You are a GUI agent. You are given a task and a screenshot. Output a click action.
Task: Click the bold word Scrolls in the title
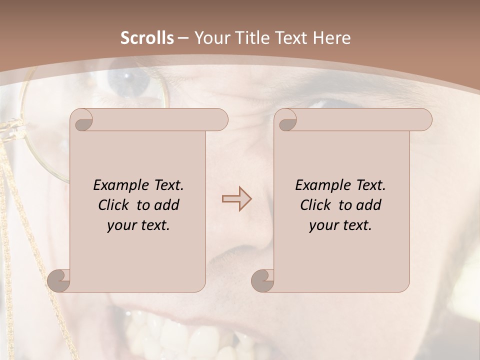[x=147, y=38]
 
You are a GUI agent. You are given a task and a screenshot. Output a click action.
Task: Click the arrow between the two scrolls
[x=236, y=199]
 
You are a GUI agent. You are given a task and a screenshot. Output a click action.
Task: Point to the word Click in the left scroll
[x=109, y=205]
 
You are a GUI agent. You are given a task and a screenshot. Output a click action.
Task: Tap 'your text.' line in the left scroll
[x=138, y=225]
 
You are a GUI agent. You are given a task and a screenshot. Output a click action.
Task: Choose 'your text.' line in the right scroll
[x=340, y=225]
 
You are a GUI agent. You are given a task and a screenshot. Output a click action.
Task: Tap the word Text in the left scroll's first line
[x=167, y=185]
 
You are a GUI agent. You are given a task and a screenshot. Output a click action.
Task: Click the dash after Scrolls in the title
[x=183, y=38]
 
